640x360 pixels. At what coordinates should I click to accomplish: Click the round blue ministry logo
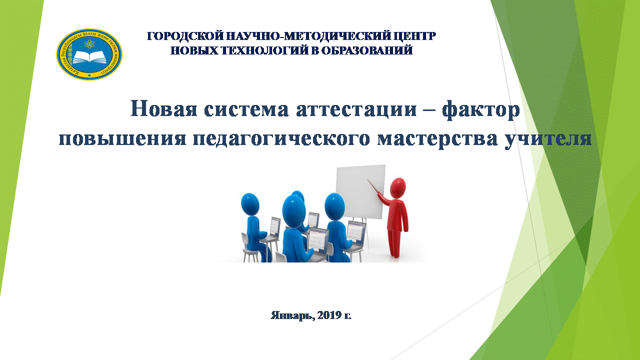coord(89,54)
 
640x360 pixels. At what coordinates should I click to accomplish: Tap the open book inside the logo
coord(90,57)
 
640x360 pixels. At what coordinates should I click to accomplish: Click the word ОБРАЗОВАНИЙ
coord(367,50)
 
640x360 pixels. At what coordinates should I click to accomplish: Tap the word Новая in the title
coord(163,109)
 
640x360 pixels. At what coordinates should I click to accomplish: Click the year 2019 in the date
coord(329,315)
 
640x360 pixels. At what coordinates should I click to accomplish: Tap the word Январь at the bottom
coord(292,315)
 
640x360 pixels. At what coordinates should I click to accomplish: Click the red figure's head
coord(397,187)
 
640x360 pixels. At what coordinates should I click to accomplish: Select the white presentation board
coord(360,192)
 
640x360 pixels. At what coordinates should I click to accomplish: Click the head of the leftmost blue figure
coord(250,204)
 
